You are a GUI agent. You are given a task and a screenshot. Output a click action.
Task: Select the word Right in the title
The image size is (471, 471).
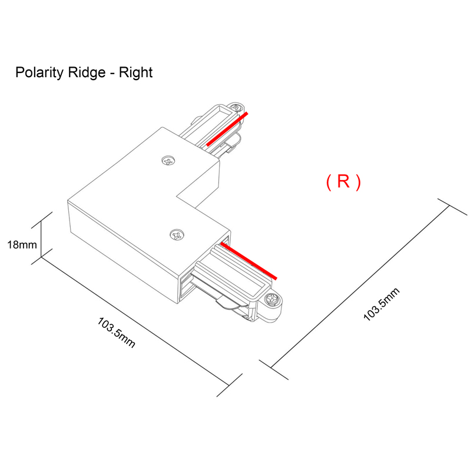point(135,73)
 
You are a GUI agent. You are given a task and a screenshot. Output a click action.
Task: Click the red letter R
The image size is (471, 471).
point(343,182)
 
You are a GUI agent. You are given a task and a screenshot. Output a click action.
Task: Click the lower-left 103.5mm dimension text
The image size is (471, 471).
point(117,333)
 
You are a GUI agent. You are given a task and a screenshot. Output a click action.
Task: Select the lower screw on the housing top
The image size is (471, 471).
point(177,234)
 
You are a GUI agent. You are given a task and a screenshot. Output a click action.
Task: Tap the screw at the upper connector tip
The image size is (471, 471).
point(237,108)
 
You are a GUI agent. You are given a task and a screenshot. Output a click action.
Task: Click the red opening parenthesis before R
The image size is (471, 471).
point(329,183)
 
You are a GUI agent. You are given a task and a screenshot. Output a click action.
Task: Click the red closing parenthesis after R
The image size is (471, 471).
point(358,183)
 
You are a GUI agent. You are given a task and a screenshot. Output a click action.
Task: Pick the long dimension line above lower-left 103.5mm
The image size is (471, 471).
point(135,318)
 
